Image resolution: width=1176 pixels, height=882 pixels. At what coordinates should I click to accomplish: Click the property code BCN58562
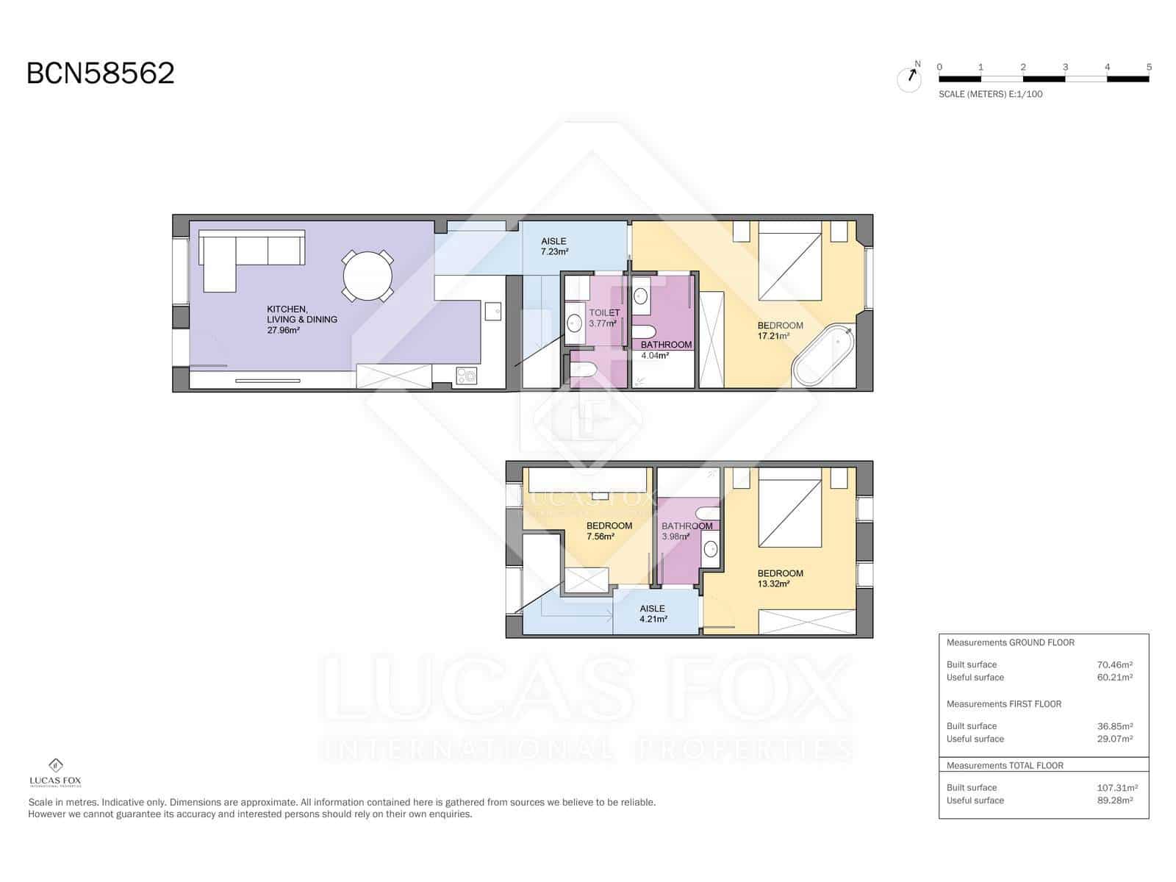pyautogui.click(x=101, y=73)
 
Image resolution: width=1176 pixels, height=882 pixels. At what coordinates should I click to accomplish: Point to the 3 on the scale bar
pyautogui.click(x=1065, y=67)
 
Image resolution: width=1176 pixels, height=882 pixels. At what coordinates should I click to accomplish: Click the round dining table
pyautogui.click(x=367, y=276)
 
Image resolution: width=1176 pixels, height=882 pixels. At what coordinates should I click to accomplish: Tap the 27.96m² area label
pyautogui.click(x=284, y=331)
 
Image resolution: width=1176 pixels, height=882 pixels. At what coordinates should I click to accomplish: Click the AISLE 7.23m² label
pyautogui.click(x=554, y=246)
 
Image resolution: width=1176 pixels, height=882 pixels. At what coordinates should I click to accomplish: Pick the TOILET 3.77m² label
pyautogui.click(x=603, y=318)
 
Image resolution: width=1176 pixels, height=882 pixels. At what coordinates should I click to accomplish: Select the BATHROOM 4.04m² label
pyautogui.click(x=665, y=350)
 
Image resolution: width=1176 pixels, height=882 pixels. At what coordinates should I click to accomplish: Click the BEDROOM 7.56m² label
pyautogui.click(x=609, y=531)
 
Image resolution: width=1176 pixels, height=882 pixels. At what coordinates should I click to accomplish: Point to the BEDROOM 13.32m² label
pyautogui.click(x=780, y=578)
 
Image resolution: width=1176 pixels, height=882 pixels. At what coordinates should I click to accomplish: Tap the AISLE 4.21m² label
pyautogui.click(x=653, y=614)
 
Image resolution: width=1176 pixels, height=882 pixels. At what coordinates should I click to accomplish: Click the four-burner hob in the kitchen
pyautogui.click(x=466, y=376)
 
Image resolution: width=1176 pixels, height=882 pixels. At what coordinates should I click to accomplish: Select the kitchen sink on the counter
pyautogui.click(x=492, y=311)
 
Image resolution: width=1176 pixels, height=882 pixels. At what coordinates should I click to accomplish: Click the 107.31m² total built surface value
pyautogui.click(x=1116, y=787)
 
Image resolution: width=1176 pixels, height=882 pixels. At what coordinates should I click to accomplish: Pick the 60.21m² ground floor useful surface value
pyautogui.click(x=1114, y=678)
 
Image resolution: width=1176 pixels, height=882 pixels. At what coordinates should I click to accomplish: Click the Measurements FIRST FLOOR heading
pyautogui.click(x=1004, y=704)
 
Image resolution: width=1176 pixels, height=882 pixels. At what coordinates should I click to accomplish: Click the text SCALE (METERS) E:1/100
pyautogui.click(x=990, y=94)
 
